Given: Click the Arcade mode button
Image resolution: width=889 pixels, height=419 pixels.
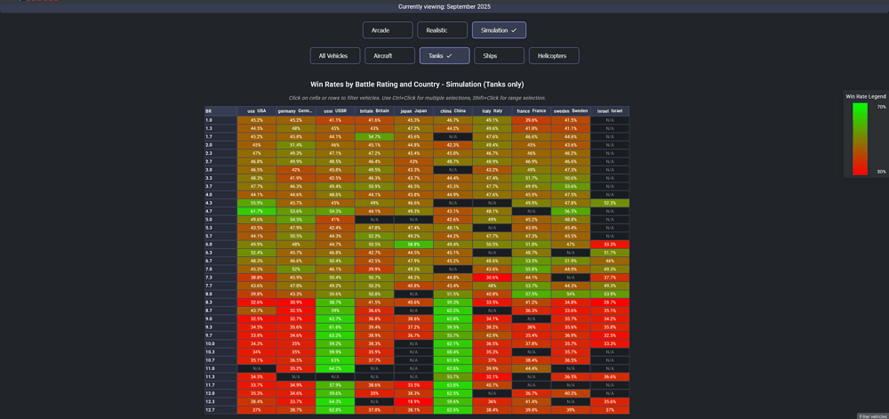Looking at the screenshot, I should tap(387, 30).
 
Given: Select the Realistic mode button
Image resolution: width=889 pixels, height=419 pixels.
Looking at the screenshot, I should tap(442, 30).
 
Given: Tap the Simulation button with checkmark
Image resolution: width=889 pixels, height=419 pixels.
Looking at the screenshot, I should tap(499, 30).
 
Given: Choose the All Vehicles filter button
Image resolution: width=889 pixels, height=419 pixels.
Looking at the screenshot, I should tap(333, 56).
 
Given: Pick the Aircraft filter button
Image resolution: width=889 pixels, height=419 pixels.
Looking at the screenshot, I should tap(389, 56).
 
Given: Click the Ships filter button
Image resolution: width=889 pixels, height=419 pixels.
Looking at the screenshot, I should tap(499, 56).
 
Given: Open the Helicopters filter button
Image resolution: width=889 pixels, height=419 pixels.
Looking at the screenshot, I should tap(554, 56).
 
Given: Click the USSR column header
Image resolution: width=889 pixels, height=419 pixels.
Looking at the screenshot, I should tap(335, 111).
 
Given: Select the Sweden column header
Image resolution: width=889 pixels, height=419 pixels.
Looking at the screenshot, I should tap(570, 111).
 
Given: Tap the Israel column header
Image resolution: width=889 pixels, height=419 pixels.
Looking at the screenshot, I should tap(609, 111).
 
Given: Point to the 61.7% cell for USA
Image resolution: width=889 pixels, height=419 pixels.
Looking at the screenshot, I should tap(256, 211).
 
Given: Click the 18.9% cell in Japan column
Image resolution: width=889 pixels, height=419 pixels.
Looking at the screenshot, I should tap(413, 401).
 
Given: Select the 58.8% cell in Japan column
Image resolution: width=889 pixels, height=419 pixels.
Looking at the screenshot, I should tap(413, 244).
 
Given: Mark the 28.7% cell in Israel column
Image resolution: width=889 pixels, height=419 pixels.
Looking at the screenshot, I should tap(609, 302).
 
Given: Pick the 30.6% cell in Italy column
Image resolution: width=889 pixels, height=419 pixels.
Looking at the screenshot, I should tap(492, 278).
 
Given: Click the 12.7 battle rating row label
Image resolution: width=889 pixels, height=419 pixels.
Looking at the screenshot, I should tap(210, 410).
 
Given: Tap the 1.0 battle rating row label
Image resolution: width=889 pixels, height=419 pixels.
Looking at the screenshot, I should tap(209, 120).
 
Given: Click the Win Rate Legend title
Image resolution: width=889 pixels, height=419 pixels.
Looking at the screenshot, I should tap(865, 96).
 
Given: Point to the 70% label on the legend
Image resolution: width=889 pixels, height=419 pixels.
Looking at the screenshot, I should tap(881, 106).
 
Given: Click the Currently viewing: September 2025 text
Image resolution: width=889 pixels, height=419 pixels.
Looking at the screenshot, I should tap(444, 6).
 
